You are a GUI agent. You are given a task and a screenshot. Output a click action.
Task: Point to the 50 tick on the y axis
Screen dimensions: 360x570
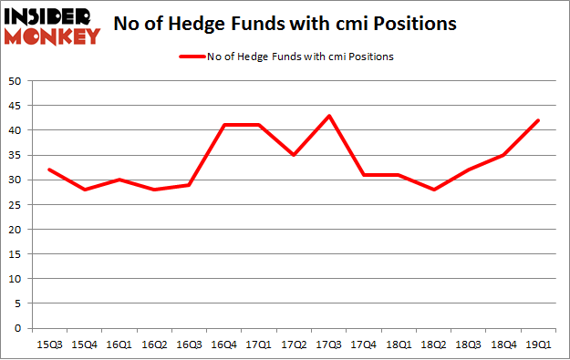[16, 81]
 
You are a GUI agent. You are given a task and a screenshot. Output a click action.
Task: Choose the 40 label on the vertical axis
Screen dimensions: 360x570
[16, 130]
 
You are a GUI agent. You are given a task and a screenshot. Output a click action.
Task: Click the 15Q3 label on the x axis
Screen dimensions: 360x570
[48, 343]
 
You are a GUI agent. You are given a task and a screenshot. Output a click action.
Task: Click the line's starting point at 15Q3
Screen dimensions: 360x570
[48, 170]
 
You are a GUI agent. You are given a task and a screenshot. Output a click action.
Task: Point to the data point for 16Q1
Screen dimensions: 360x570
[119, 180]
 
